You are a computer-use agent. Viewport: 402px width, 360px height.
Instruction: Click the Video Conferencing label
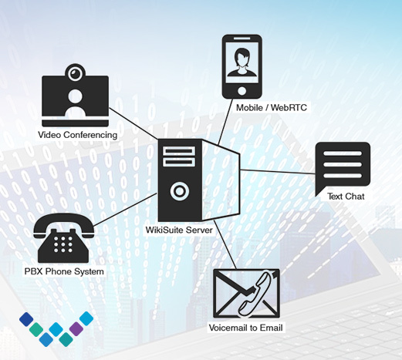coord(77,135)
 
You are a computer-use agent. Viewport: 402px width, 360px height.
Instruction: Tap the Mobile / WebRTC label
coord(272,107)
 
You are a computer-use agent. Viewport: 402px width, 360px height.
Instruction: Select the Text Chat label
coord(346,197)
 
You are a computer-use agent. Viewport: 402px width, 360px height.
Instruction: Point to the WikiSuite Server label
coord(179,230)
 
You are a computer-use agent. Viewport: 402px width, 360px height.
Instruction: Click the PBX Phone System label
coord(64,271)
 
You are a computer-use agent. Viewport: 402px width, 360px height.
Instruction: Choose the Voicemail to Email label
coord(245,328)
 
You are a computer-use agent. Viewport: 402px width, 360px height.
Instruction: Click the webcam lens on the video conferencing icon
coord(75,74)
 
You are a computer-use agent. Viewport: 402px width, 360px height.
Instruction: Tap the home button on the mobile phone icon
coord(242,91)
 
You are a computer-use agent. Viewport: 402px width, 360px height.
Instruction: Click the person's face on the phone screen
coord(242,57)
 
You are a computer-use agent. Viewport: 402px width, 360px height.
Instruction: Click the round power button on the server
coord(180,191)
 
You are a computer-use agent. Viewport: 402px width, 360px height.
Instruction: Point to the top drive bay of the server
coord(179,151)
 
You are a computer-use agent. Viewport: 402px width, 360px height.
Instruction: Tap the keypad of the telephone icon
coord(63,244)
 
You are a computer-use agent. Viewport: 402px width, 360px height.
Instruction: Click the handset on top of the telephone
coord(64,223)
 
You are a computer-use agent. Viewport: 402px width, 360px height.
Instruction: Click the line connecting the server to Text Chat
coord(278,172)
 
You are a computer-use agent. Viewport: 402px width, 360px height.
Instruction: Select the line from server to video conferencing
coord(133,123)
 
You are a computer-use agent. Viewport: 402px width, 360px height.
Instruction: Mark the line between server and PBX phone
coord(125,210)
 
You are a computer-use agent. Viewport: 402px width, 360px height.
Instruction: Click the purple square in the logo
coord(76,328)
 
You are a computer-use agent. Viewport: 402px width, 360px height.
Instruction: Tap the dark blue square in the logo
coord(26,319)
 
